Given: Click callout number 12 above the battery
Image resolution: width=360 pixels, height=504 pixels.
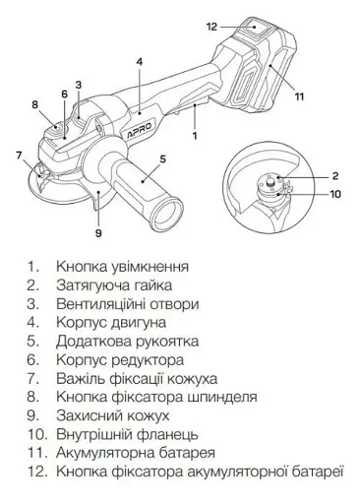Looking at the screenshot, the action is pos(212,27).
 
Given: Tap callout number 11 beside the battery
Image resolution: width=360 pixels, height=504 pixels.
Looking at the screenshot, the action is pos(299,96).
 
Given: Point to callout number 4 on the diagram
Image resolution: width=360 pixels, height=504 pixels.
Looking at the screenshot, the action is pos(140,62).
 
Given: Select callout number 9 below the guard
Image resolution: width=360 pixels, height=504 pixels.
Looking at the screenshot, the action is pos(98,233).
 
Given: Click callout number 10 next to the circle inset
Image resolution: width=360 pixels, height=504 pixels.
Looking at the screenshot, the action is pos(335,194).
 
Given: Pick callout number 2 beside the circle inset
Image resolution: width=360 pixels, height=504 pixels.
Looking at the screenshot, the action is pos(335,176).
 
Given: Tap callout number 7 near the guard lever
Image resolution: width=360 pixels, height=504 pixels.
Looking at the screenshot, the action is pos(19,155).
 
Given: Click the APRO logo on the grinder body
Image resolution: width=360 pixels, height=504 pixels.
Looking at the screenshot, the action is pos(141,130).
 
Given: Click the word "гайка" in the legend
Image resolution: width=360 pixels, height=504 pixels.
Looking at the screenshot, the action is pos(153,285).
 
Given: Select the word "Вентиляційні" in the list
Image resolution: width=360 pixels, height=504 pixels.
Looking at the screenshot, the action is pos(101,304).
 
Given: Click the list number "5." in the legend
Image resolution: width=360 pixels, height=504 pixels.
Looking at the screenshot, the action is pos(32,342).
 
